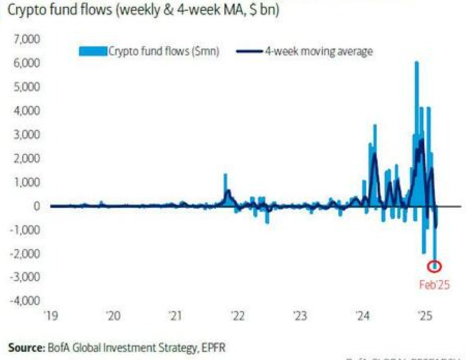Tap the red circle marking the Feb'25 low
click(x=435, y=266)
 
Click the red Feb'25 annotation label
click(x=435, y=285)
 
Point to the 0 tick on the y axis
click(x=37, y=206)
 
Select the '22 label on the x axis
click(x=238, y=315)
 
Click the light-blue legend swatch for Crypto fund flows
click(x=92, y=51)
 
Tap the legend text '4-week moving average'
click(x=319, y=51)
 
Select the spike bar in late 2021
click(x=225, y=190)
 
